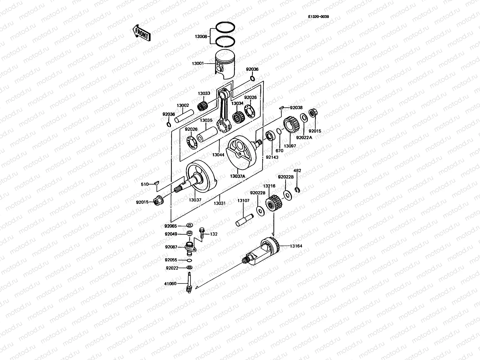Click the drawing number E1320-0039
(318, 17)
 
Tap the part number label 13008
(201, 36)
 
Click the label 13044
(218, 155)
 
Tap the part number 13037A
(238, 176)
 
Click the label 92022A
(304, 138)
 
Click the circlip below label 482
(297, 190)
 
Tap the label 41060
(170, 283)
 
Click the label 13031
(219, 203)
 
